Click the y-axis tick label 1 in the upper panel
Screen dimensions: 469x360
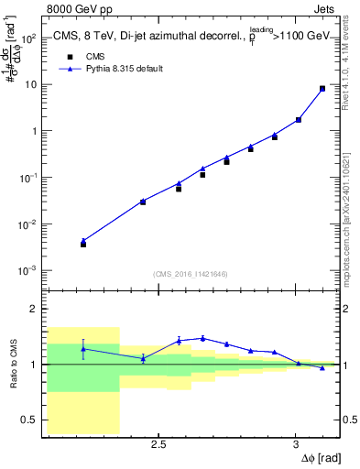tap(35, 131)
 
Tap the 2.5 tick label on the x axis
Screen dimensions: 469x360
tap(158, 444)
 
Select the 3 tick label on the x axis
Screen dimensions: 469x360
tap(295, 444)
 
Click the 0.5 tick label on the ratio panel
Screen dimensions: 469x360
tap(29, 420)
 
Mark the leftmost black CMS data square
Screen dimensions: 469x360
tap(83, 245)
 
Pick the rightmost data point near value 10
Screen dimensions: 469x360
tap(322, 89)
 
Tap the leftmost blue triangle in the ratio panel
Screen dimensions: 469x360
tap(83, 348)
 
